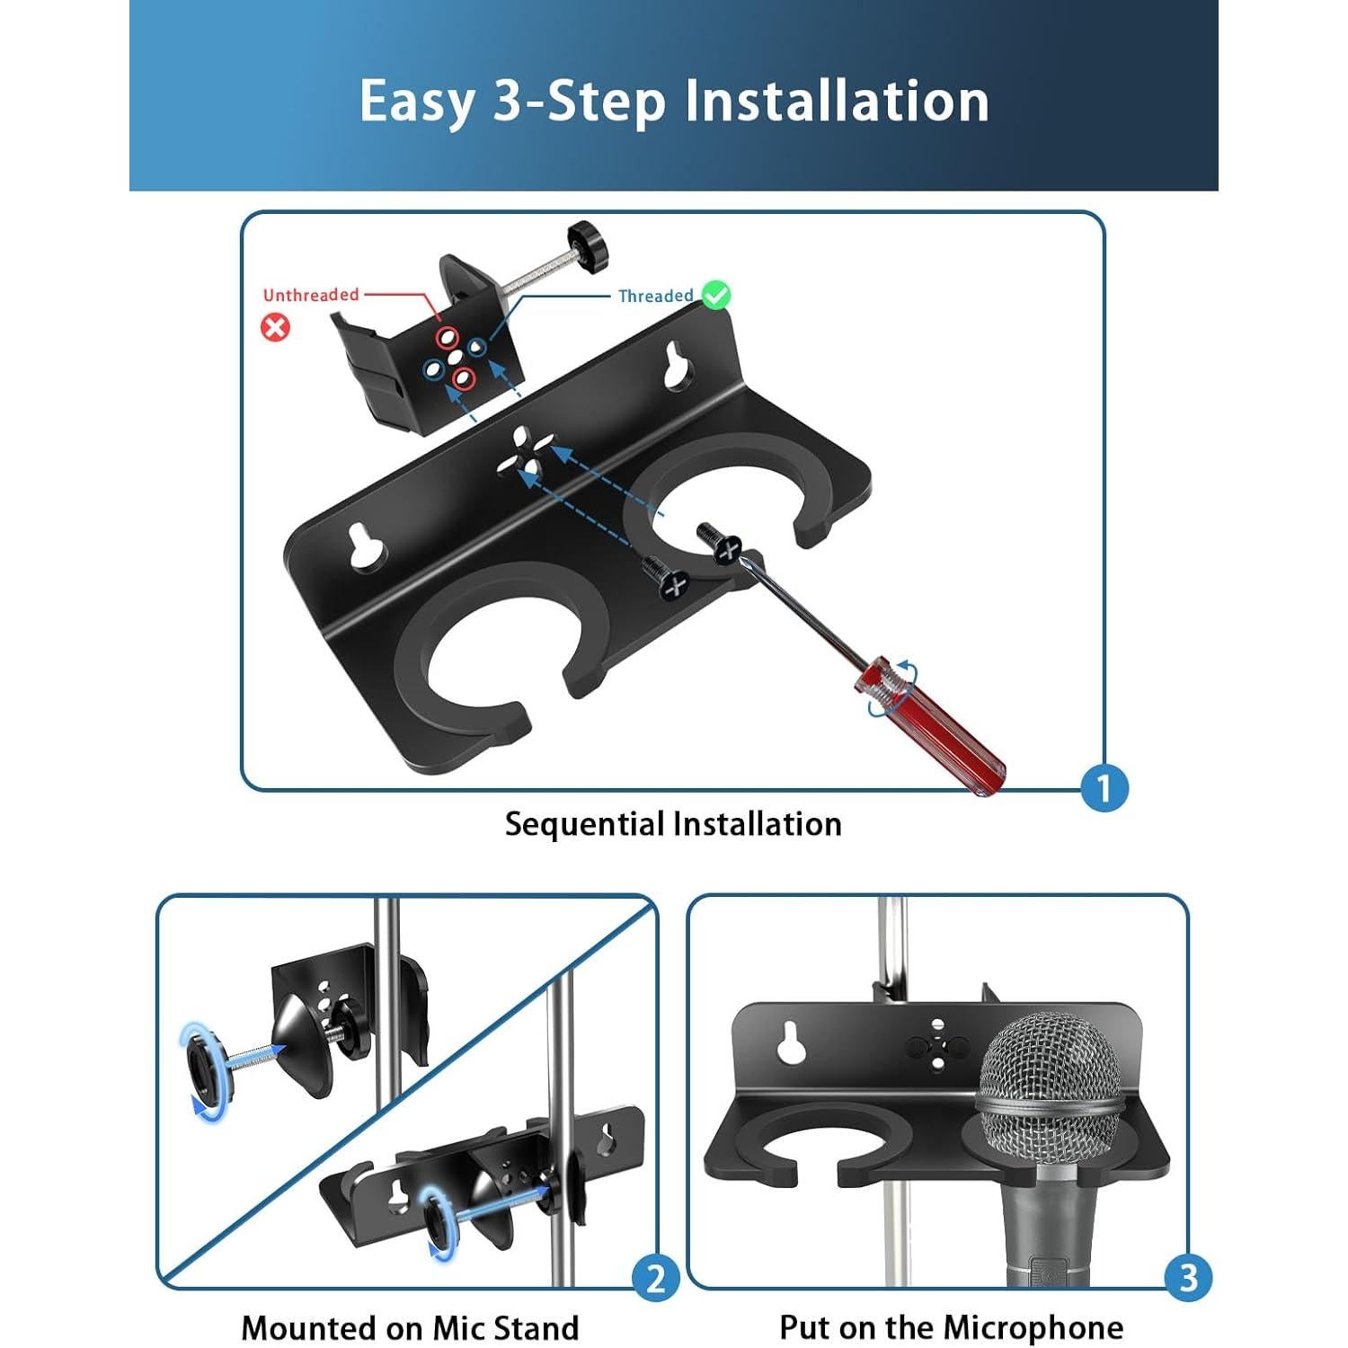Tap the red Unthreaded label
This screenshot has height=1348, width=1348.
[310, 295]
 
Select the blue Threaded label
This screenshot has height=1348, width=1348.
[655, 296]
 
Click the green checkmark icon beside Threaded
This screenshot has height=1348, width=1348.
[715, 295]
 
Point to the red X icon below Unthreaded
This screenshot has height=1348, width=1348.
[275, 326]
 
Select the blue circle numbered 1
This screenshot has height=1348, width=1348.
[1104, 788]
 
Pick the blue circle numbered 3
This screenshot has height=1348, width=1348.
[1188, 1277]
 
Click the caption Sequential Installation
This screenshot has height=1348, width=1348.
[673, 824]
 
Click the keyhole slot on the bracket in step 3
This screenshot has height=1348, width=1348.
[792, 1043]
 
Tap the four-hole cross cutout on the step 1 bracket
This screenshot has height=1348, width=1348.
[527, 453]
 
